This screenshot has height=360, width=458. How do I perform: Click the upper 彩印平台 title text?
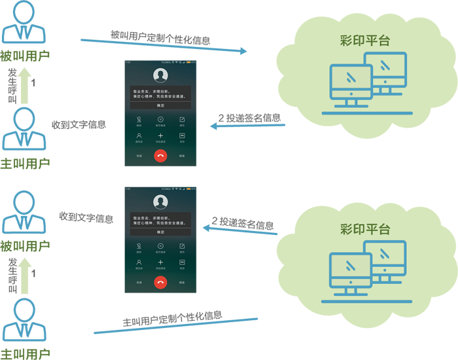click(x=365, y=41)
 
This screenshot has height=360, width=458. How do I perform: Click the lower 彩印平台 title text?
click(x=365, y=229)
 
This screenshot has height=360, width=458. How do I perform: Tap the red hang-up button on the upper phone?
click(x=160, y=155)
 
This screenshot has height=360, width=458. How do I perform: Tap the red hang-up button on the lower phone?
click(x=160, y=282)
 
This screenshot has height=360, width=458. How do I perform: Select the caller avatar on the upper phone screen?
click(x=160, y=75)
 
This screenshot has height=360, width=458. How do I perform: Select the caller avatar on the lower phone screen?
click(x=160, y=202)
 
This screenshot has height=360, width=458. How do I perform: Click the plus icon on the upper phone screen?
click(x=160, y=135)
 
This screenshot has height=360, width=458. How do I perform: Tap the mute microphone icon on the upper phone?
click(x=139, y=119)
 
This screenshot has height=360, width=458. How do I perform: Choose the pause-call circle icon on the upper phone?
click(x=160, y=119)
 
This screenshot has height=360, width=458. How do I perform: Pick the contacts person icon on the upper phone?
click(x=139, y=135)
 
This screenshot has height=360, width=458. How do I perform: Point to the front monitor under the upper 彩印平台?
click(x=351, y=83)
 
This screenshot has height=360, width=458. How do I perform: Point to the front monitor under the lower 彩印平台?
click(x=351, y=272)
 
